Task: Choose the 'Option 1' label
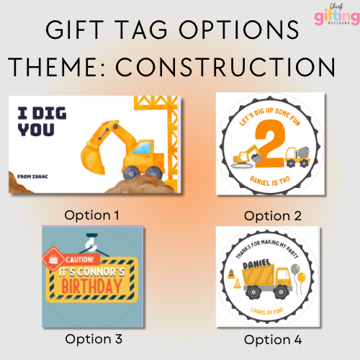pyautogui.click(x=91, y=215)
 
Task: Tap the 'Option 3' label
pyautogui.click(x=94, y=338)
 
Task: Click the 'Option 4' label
pyautogui.click(x=271, y=338)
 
